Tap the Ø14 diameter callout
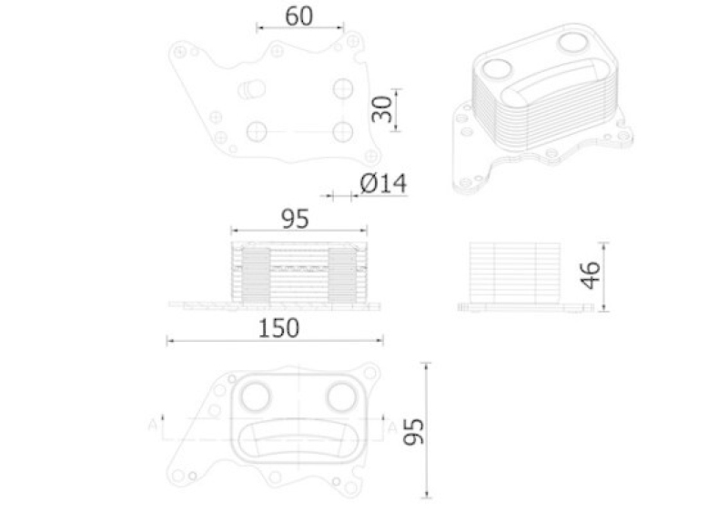click(x=382, y=184)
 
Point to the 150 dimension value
click(x=279, y=328)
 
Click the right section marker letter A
click(x=391, y=425)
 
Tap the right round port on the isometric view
click(x=572, y=42)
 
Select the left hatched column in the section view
click(x=255, y=275)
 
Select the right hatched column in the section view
click(x=339, y=275)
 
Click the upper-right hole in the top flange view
click(x=342, y=87)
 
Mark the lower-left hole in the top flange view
click(x=257, y=131)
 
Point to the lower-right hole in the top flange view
click(x=342, y=129)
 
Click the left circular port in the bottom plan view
click(x=257, y=396)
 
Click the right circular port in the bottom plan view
click(x=341, y=396)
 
